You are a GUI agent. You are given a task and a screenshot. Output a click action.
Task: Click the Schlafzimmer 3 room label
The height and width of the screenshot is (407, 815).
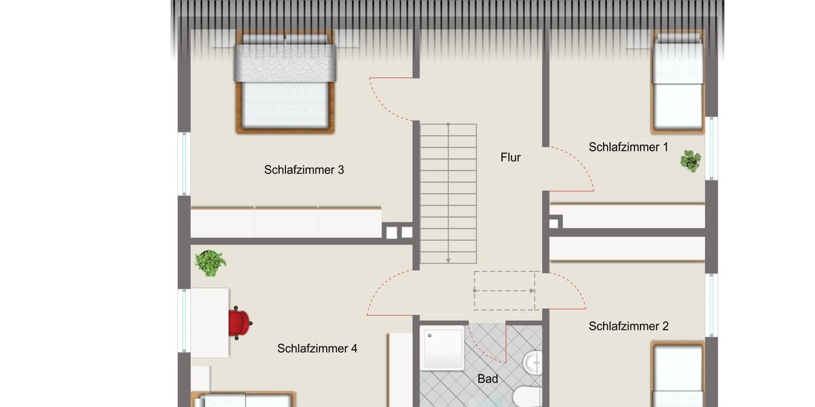pos(304,170)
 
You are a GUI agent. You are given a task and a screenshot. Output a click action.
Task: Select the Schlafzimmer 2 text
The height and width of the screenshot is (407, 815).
pos(628,326)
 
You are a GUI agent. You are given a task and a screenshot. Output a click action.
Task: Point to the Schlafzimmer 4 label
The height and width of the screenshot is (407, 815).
pos(317,349)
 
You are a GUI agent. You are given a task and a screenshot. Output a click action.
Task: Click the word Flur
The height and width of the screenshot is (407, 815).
pos(510,157)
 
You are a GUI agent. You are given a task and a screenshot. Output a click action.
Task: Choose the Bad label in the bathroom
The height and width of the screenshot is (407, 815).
pos(488,379)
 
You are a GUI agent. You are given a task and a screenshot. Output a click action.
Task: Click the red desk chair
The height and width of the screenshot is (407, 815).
pos(239,322)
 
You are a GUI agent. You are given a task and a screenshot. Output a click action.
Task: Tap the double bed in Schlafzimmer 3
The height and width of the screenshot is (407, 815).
pos(285,81)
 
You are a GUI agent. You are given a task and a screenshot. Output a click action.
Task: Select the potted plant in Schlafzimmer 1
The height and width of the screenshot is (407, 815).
pos(691,161)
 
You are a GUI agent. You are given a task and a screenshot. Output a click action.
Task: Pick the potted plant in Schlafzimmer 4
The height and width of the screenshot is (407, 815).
pos(209,263)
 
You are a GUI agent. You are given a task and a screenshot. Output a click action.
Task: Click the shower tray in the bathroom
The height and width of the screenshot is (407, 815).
pos(442,347)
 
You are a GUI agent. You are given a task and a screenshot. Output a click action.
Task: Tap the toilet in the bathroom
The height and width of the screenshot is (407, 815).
pos(527,396)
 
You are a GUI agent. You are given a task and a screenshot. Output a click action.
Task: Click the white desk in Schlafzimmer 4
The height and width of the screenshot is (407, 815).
pos(209,322)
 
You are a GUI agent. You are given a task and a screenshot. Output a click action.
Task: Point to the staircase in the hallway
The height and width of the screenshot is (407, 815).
pos(448,193)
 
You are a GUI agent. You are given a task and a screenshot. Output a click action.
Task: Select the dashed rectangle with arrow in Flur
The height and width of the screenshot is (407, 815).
pos(506,290)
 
